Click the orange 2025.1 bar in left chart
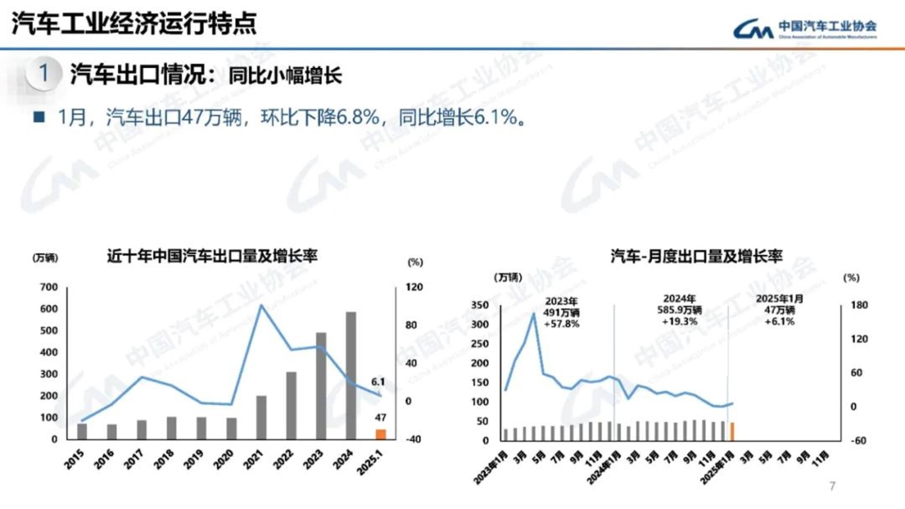tap(380, 434)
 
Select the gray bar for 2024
tap(351, 376)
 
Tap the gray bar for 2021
tap(261, 417)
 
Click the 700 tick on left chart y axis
tap(49, 288)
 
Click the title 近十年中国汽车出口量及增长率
tap(217, 256)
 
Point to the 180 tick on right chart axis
tap(851, 305)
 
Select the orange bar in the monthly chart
tap(732, 431)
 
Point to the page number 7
tap(832, 486)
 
